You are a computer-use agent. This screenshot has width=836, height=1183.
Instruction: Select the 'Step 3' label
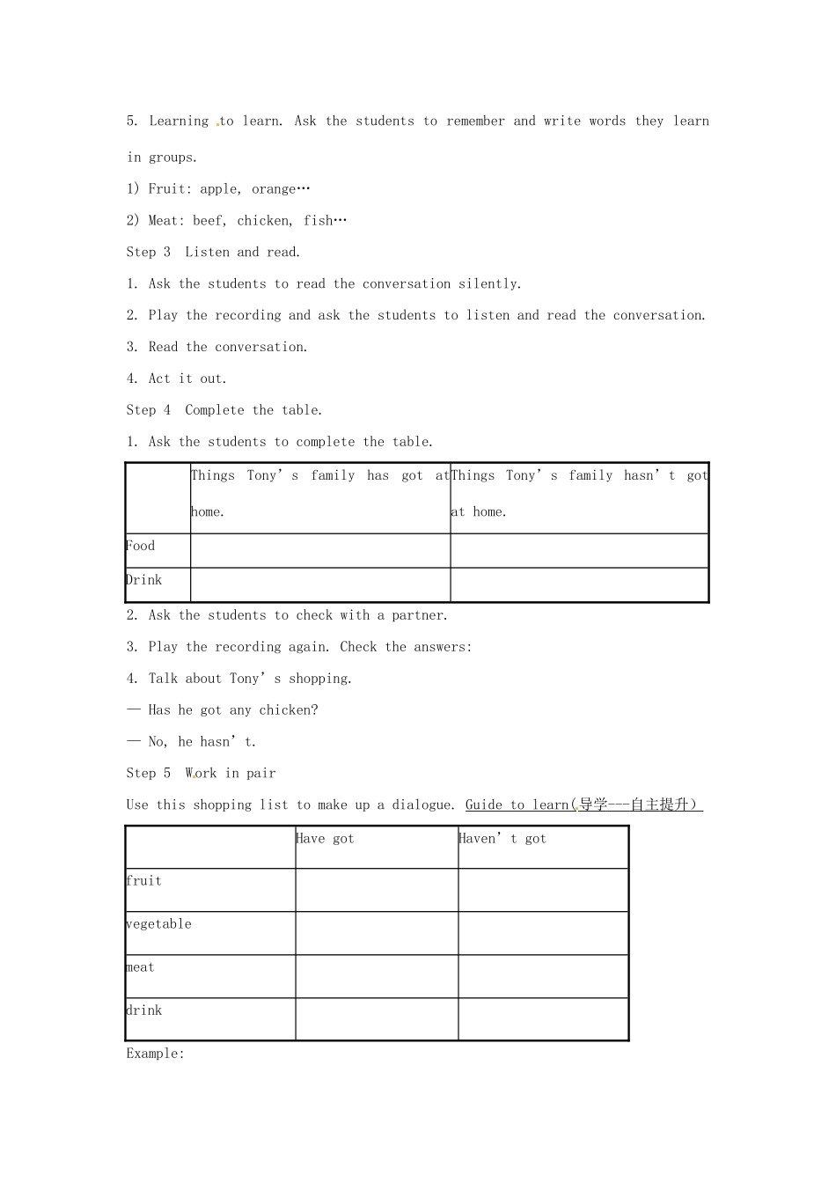(x=149, y=252)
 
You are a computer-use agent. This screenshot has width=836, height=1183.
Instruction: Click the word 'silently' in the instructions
(x=488, y=283)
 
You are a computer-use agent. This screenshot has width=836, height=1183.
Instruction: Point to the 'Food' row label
(x=141, y=546)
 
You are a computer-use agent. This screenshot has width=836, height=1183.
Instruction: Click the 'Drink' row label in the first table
(x=144, y=580)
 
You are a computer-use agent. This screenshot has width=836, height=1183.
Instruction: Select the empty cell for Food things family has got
(x=320, y=551)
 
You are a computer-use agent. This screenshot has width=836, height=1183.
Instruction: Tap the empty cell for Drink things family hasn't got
(x=579, y=585)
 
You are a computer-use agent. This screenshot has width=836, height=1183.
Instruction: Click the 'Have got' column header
(x=325, y=839)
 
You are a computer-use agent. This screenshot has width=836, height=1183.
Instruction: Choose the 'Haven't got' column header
(x=502, y=839)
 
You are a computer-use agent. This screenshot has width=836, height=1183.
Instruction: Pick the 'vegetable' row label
(x=159, y=924)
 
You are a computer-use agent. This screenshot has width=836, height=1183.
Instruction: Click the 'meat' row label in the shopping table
(x=141, y=967)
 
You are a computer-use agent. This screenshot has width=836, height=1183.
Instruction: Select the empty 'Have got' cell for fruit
(x=377, y=890)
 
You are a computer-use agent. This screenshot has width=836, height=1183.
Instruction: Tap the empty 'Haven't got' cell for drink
(x=543, y=1019)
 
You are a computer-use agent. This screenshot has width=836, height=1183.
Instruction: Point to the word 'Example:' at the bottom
(x=156, y=1054)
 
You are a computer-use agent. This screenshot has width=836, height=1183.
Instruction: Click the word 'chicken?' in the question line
(x=289, y=710)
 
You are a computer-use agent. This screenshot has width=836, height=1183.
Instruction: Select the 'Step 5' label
(x=149, y=773)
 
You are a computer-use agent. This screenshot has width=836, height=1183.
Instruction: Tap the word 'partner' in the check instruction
(x=419, y=615)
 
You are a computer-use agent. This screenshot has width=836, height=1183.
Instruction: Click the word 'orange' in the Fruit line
(x=275, y=188)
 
